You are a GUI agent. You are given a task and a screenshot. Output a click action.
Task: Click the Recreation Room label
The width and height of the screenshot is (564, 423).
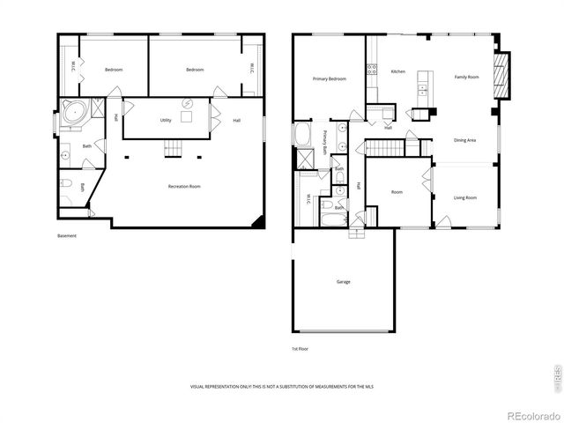(x=184, y=186)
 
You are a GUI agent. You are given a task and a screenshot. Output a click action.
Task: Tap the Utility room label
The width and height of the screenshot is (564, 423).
(x=166, y=120)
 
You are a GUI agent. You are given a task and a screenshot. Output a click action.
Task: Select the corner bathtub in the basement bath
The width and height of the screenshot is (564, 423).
(x=72, y=113)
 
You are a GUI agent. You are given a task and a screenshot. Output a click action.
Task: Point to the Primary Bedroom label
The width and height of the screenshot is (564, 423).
(x=329, y=78)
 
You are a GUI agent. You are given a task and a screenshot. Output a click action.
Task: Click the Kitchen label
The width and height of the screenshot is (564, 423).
(x=398, y=71)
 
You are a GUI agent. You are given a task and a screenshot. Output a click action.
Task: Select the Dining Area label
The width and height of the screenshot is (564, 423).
(x=465, y=140)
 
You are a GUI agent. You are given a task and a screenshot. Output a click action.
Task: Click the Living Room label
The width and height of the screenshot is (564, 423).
(x=464, y=197)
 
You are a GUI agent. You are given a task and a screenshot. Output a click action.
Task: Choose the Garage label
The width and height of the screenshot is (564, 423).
(x=343, y=282)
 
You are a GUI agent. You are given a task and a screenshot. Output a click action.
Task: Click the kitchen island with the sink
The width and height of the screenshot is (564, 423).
(x=423, y=89)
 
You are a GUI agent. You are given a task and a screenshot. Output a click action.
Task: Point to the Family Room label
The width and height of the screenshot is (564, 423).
(x=466, y=78)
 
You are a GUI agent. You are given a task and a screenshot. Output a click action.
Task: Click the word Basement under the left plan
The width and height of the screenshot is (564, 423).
(x=67, y=235)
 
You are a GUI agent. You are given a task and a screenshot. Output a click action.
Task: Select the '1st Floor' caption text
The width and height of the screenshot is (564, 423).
(x=301, y=349)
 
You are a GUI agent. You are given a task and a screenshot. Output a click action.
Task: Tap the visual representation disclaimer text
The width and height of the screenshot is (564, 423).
(x=280, y=387)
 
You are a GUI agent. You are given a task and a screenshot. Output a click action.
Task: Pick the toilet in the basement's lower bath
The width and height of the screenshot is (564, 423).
(x=66, y=185)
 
